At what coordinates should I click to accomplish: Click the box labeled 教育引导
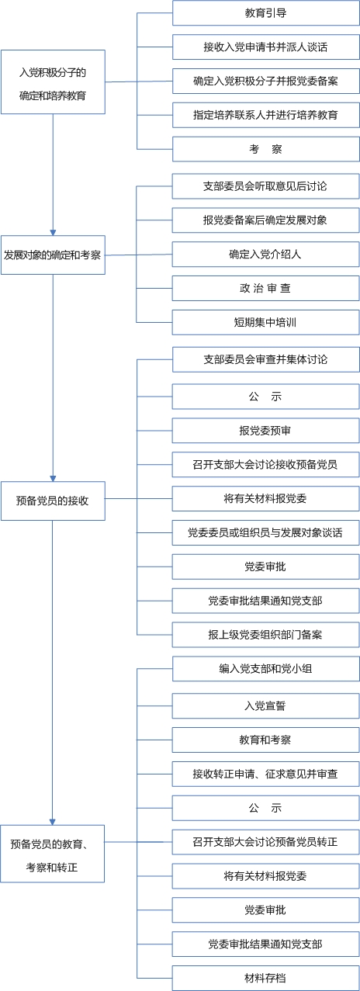coord(266,13)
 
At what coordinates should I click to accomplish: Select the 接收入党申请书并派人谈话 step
coord(266,47)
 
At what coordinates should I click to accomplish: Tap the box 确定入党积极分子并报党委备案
coord(266,81)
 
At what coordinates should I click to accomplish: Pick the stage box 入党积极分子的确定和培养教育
coord(53,81)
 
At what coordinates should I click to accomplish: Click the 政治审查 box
coord(266,289)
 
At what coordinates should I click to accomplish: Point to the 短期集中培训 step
coord(266,323)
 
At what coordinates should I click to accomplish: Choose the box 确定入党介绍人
coord(266,255)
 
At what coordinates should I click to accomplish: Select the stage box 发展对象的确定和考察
coord(53,255)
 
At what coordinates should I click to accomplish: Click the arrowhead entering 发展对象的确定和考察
coord(53,233)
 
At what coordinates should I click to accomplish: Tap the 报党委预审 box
coord(266,431)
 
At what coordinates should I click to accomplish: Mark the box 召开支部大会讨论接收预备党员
coord(266,465)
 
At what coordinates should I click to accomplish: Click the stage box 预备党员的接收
coord(53,501)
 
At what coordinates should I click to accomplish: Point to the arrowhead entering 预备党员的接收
coord(53,479)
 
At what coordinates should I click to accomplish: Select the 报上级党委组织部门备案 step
coord(266,635)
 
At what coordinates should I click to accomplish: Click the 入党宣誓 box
coord(266,706)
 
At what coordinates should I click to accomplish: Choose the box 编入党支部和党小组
coord(266,669)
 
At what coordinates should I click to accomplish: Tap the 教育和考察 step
coord(266,740)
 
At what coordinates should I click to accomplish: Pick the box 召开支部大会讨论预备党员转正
coord(266,842)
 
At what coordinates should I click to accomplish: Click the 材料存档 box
coord(266,978)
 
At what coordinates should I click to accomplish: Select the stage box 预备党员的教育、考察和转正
coord(53,854)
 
